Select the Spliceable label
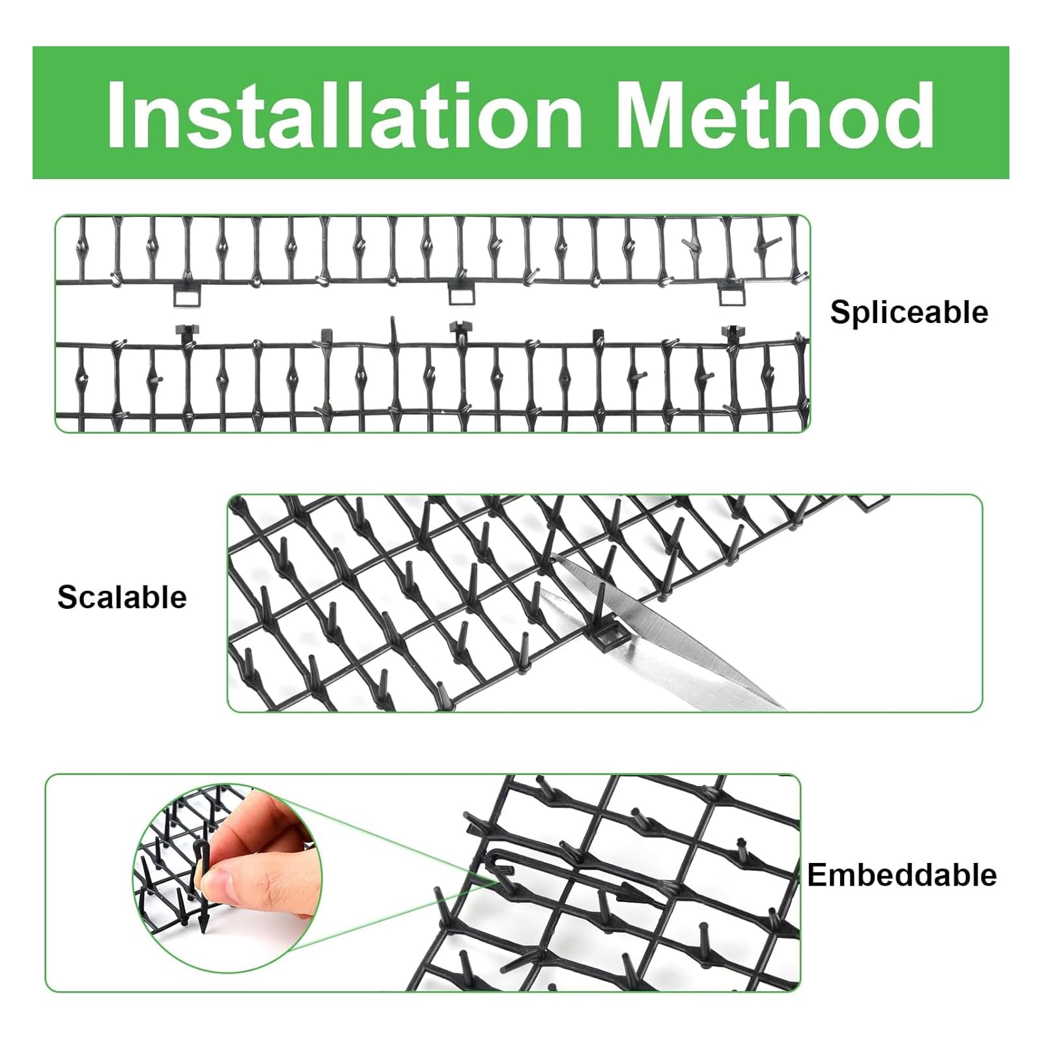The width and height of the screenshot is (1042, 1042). coord(908,313)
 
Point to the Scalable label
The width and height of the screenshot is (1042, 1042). coord(122,597)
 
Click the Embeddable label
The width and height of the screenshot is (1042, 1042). coord(902,875)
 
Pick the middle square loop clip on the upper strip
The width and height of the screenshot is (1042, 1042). coord(462,293)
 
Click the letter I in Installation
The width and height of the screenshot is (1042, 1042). coord(117,115)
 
